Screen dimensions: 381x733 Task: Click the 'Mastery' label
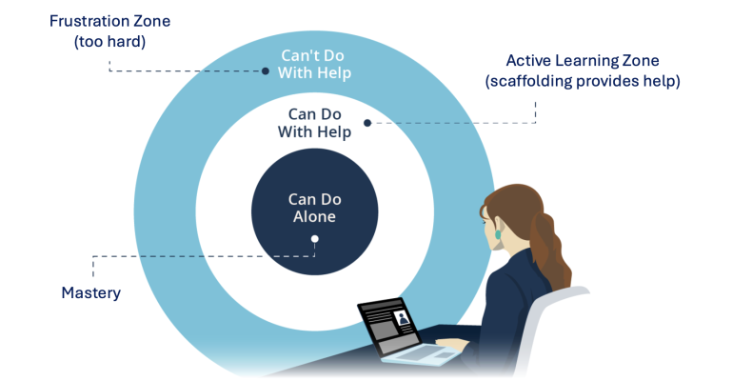91,292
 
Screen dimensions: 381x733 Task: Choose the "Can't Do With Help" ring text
315,64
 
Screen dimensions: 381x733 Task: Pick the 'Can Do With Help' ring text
314,123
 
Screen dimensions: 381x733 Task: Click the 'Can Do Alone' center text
314,208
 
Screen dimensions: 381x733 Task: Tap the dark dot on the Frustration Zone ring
266,70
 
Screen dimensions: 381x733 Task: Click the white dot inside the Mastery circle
315,239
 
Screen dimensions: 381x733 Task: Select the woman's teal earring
496,232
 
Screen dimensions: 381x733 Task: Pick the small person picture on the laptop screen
404,316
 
